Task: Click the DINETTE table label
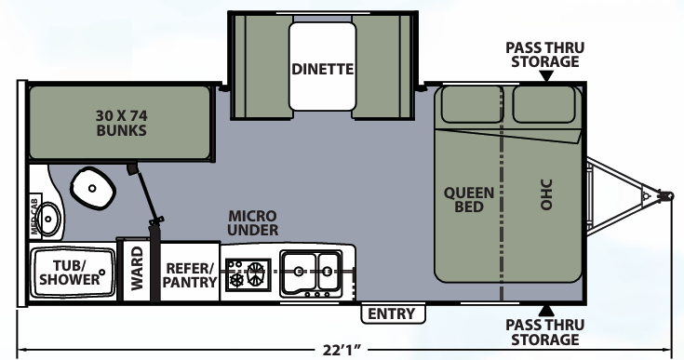[x=322, y=69]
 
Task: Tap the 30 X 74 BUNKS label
[x=122, y=123]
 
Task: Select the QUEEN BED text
[x=469, y=200]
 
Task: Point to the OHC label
[x=545, y=194]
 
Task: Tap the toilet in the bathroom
[x=92, y=189]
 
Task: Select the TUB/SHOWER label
[x=70, y=273]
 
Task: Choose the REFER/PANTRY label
[x=189, y=275]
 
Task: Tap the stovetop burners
[x=248, y=274]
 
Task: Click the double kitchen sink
[x=311, y=273]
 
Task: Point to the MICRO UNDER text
[x=253, y=222]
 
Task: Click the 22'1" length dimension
[x=342, y=350]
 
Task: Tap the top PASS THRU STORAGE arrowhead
[x=545, y=76]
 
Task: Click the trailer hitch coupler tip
[x=666, y=195]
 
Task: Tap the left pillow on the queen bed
[x=471, y=104]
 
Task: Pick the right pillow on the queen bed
[x=543, y=104]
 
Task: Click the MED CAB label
[x=34, y=216]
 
